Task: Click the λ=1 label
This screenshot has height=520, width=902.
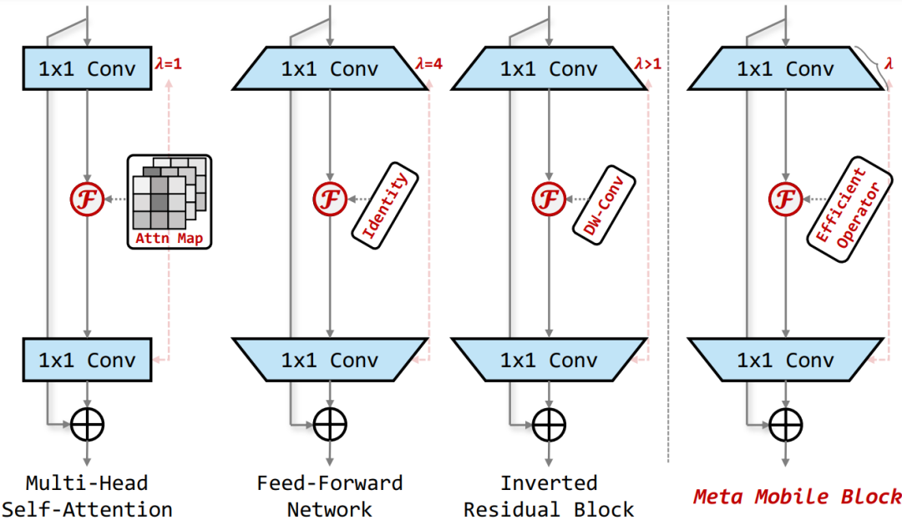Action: click(169, 63)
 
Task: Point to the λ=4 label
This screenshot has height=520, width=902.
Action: click(428, 63)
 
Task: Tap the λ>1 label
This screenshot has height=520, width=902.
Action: click(647, 63)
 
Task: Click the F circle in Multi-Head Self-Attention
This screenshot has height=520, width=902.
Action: click(87, 199)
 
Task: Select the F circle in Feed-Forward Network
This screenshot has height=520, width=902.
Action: click(329, 199)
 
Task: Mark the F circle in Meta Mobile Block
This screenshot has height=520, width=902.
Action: click(784, 199)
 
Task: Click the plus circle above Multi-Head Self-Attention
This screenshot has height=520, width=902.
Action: click(87, 426)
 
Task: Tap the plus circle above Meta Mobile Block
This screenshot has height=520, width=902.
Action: click(784, 426)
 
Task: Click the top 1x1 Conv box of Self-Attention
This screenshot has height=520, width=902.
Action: click(87, 68)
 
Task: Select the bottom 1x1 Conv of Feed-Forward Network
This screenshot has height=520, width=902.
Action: click(329, 361)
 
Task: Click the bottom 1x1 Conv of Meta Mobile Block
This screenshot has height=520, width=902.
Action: click(784, 361)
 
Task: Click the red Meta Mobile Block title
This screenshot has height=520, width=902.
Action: click(797, 497)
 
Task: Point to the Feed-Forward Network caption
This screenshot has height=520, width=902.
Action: click(329, 496)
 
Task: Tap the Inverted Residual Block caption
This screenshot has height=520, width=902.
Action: click(549, 496)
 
